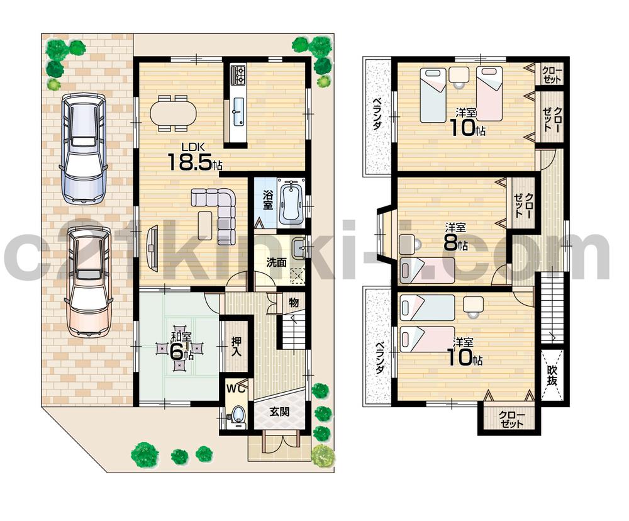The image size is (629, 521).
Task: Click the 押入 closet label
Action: click(235, 345)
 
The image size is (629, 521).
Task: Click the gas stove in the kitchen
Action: click(239, 76)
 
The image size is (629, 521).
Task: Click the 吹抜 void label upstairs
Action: click(553, 376)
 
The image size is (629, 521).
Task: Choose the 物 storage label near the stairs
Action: click(294, 304)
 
